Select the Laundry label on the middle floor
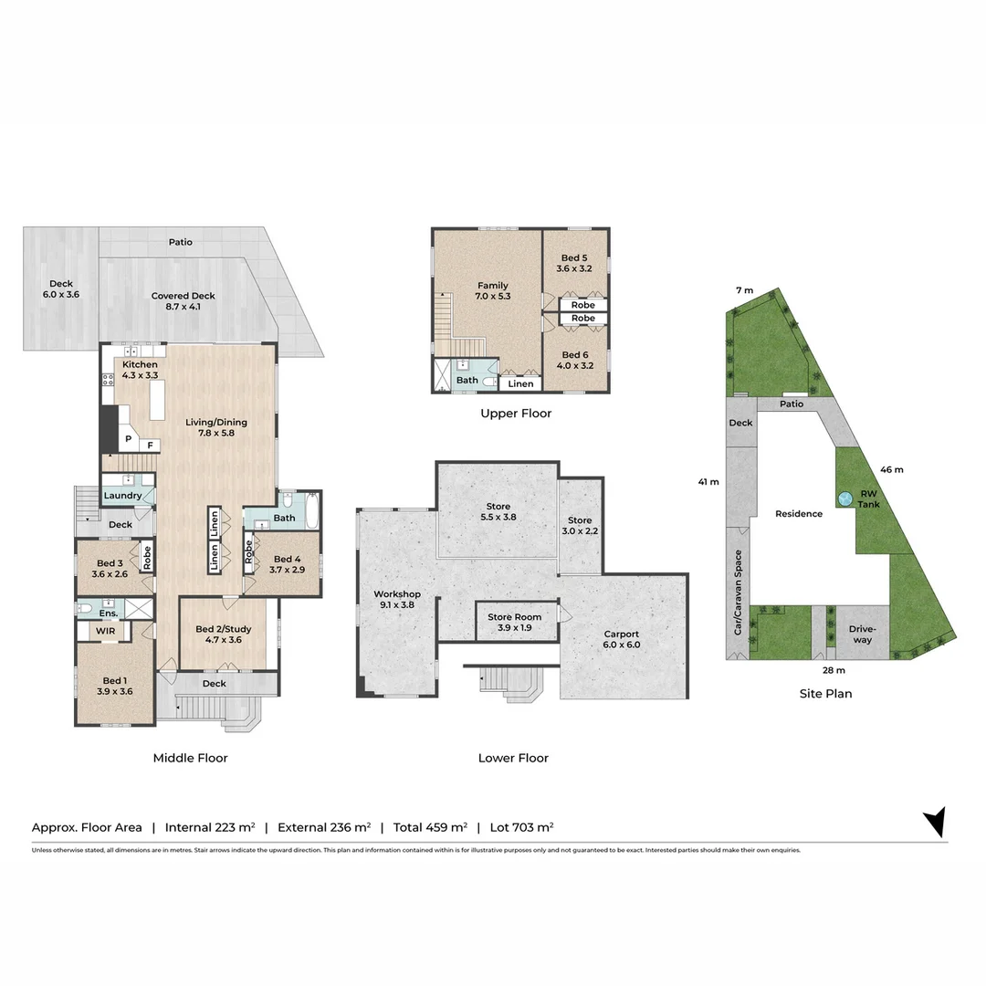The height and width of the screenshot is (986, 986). click(x=122, y=496)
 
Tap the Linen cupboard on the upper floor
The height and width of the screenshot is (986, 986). click(x=520, y=383)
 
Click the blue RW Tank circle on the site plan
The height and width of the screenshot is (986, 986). click(x=844, y=498)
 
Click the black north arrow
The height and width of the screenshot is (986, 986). click(x=935, y=821)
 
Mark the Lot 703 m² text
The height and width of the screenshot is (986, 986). click(x=521, y=827)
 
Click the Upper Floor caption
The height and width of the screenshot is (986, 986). click(x=516, y=414)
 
